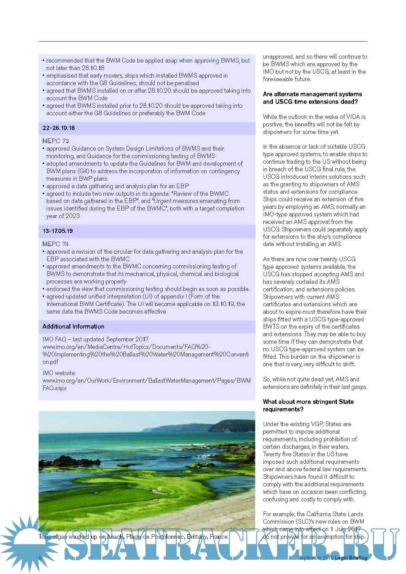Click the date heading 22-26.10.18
tap(59, 128)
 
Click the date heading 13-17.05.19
tap(58, 231)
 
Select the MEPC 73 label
tap(56, 141)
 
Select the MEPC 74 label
tap(56, 244)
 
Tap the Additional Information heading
tap(73, 327)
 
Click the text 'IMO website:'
tap(59, 373)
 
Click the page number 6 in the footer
tap(40, 558)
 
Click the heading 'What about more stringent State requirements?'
tap(308, 405)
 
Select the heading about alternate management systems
tap(312, 98)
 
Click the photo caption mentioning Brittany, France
tap(133, 537)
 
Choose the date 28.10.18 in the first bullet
tap(93, 68)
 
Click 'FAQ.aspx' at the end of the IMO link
tap(55, 388)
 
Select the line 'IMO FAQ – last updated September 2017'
tap(96, 339)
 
